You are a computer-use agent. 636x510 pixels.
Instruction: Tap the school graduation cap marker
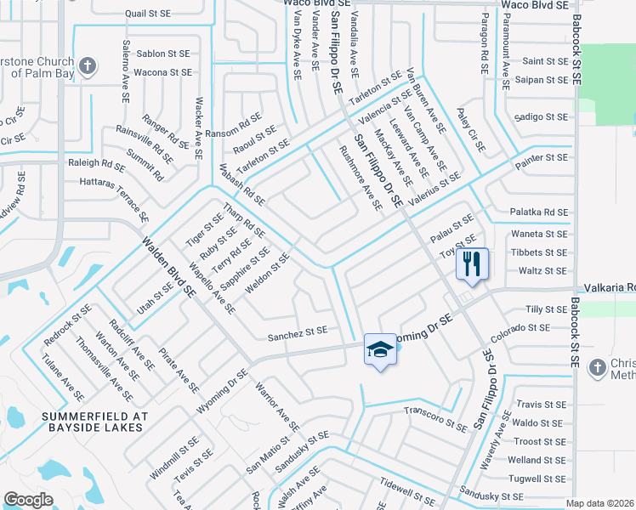tap(380, 348)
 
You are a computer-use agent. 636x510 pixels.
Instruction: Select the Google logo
tap(28, 500)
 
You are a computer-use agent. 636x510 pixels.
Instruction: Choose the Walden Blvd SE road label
tap(171, 266)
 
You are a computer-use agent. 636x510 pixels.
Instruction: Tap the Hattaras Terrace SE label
tap(109, 195)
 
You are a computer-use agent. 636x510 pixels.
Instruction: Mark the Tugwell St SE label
tap(537, 479)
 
